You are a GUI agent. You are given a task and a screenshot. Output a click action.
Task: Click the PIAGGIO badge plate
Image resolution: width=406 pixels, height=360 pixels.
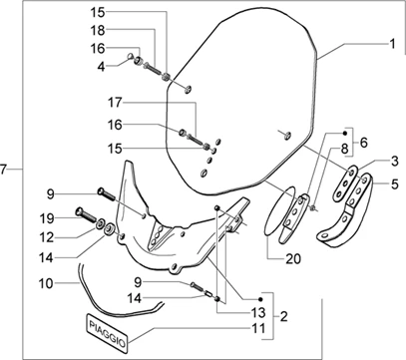click(x=107, y=333)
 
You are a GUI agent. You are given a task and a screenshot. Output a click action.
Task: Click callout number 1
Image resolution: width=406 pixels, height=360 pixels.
click(x=392, y=44)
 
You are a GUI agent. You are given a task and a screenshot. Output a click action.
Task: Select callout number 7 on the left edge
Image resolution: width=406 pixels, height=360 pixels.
click(x=4, y=170)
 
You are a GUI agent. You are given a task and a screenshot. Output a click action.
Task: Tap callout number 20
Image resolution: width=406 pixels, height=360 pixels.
click(x=293, y=258)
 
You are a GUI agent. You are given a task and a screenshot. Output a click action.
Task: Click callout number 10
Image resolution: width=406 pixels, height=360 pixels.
click(x=46, y=283)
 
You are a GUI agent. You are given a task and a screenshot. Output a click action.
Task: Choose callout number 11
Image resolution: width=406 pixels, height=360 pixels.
click(x=258, y=328)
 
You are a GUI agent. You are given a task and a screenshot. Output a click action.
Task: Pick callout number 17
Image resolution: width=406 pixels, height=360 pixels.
click(x=115, y=103)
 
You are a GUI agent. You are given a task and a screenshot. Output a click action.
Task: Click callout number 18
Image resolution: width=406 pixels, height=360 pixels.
click(x=98, y=31)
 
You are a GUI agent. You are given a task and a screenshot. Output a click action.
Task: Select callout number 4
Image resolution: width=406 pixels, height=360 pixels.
click(x=101, y=67)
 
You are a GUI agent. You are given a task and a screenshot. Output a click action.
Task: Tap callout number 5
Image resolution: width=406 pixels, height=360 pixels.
click(x=394, y=183)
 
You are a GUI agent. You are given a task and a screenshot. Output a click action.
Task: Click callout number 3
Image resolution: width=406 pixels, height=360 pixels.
click(x=394, y=162)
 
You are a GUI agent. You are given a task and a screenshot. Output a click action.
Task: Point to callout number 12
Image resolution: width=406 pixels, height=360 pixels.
click(x=47, y=237)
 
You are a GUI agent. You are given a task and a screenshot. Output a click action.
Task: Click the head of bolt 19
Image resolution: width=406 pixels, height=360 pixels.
click(x=80, y=210)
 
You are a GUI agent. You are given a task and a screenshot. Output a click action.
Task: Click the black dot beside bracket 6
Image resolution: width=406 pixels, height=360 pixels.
click(x=345, y=134)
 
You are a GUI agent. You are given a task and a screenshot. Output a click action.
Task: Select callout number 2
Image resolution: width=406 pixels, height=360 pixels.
click(x=283, y=316)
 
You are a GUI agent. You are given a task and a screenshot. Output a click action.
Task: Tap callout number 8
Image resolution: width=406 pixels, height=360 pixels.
click(x=343, y=148)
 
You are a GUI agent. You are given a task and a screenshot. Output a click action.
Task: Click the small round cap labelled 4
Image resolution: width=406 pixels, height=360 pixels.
click(x=132, y=56)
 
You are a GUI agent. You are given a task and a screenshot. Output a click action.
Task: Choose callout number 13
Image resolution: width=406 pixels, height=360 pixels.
click(x=258, y=312)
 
